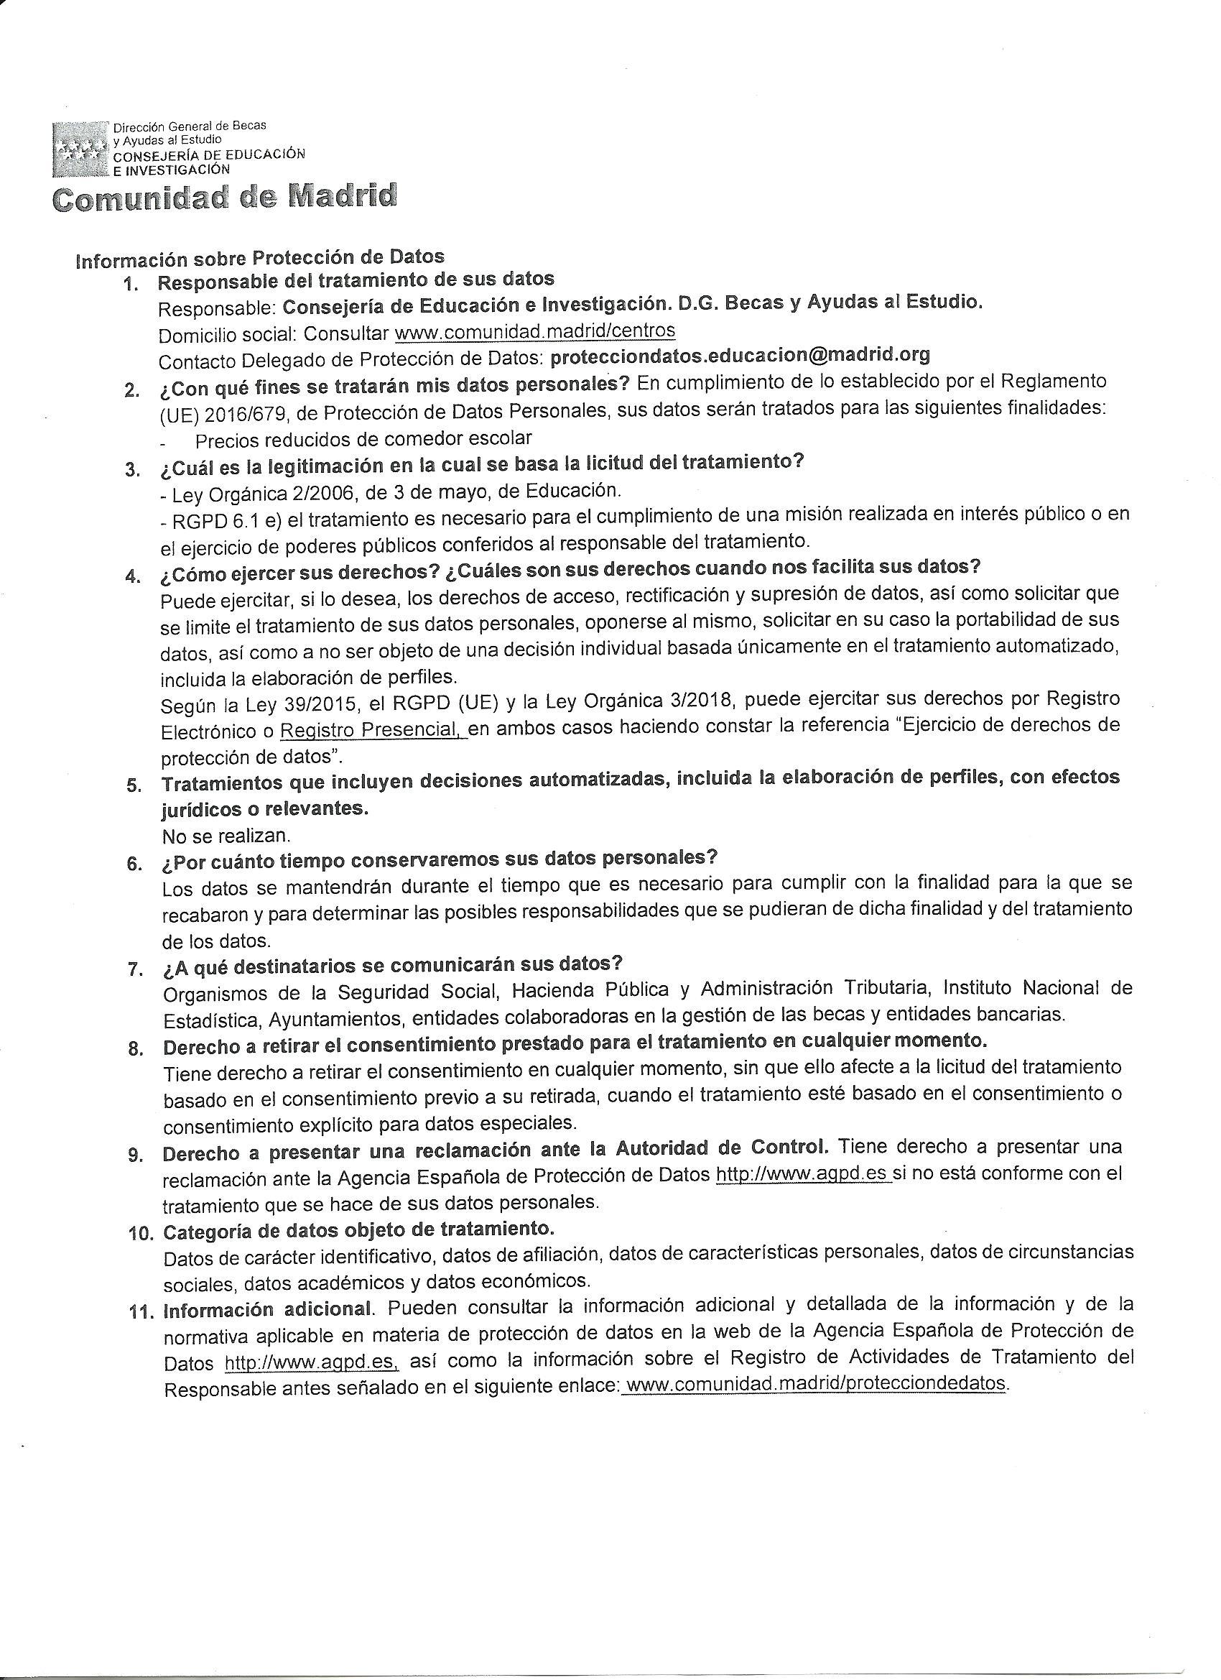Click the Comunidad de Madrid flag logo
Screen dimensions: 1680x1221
coord(80,148)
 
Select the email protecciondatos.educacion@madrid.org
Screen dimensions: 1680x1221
coord(741,355)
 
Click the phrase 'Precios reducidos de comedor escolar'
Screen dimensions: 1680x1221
coord(363,439)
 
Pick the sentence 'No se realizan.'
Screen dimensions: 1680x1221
coord(226,836)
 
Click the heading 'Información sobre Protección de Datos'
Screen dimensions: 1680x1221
coord(260,257)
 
